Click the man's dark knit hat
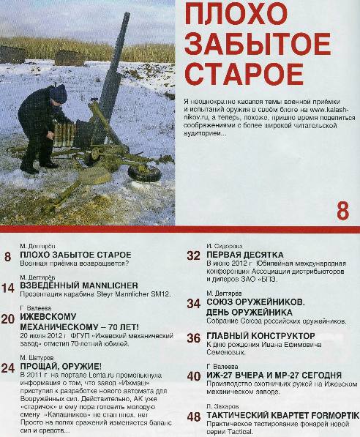click(59, 92)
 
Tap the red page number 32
click(194, 256)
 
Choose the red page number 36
click(194, 337)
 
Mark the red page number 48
click(194, 417)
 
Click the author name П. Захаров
click(223, 405)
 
